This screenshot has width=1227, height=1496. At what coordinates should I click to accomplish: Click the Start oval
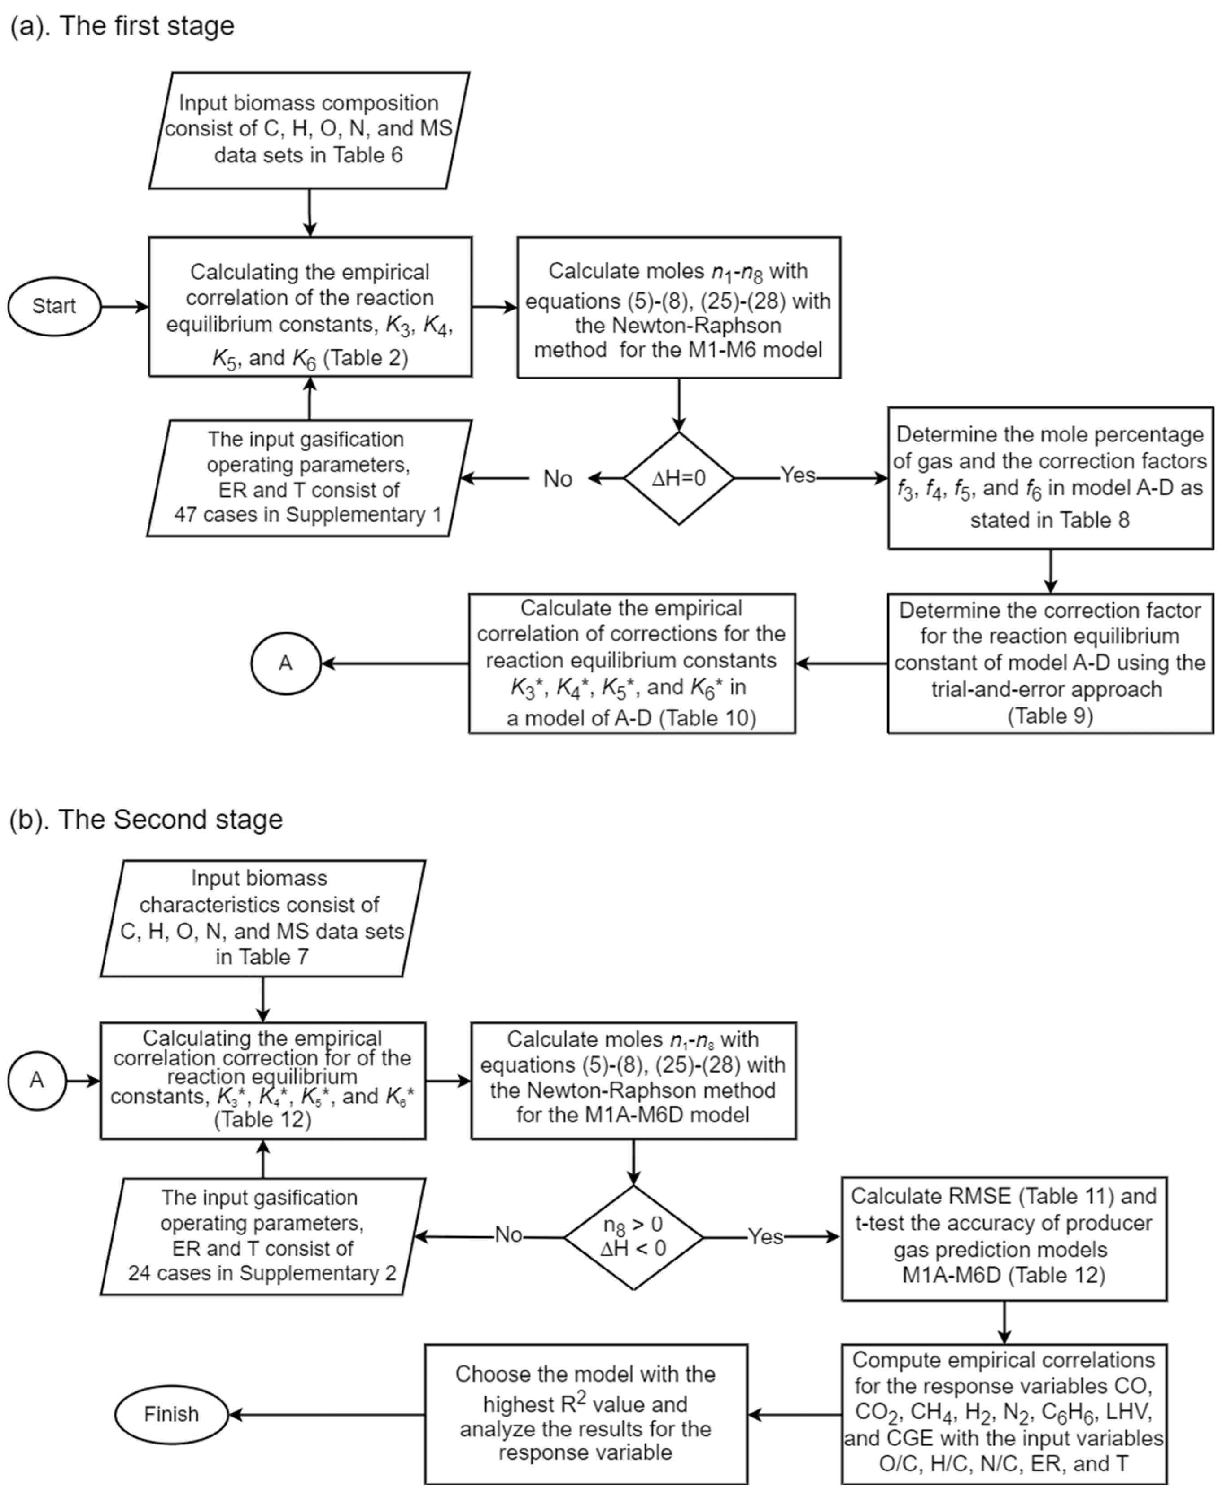pyautogui.click(x=54, y=306)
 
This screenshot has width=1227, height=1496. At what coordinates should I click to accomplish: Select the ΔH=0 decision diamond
pyautogui.click(x=678, y=479)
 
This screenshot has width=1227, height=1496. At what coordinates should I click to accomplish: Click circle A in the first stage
pyautogui.click(x=285, y=663)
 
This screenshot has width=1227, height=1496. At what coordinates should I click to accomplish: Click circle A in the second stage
pyautogui.click(x=37, y=1080)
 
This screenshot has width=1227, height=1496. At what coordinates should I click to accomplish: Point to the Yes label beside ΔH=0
pyautogui.click(x=798, y=475)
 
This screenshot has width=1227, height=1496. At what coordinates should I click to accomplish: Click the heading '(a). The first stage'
pyautogui.click(x=122, y=26)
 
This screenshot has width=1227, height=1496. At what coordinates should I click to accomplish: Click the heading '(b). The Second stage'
pyautogui.click(x=146, y=819)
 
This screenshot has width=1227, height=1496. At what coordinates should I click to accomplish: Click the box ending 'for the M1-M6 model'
pyautogui.click(x=678, y=307)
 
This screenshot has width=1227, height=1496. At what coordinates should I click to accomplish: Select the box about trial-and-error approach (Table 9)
pyautogui.click(x=1050, y=663)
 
